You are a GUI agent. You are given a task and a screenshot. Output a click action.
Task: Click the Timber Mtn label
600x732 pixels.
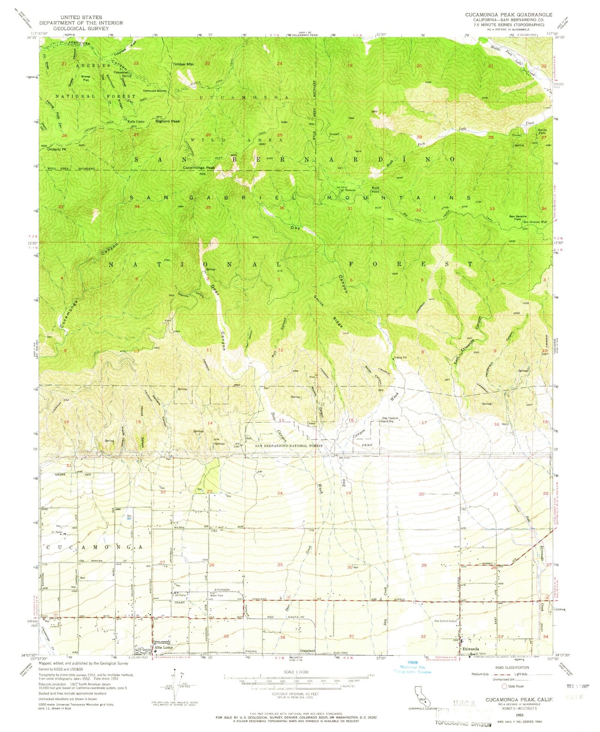click(x=183, y=64)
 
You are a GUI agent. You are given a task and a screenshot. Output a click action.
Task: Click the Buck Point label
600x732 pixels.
click(x=375, y=190)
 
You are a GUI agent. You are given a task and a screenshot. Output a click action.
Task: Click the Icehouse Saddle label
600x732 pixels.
click(x=155, y=91)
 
